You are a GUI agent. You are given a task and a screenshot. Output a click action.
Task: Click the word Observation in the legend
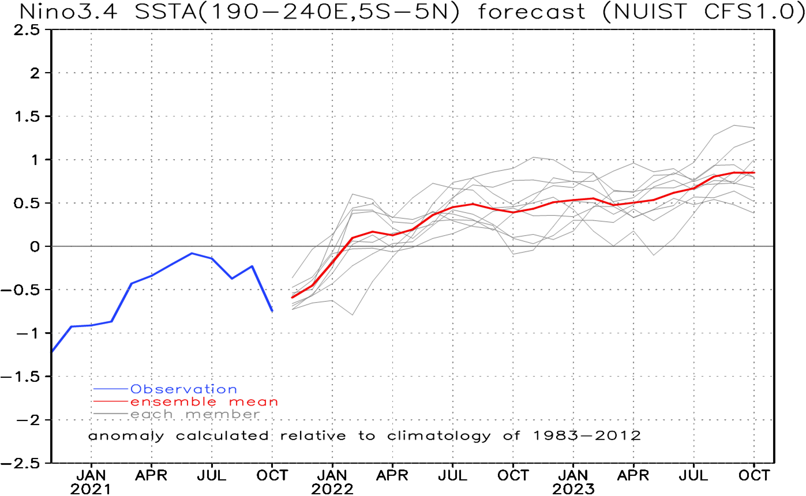click(x=183, y=390)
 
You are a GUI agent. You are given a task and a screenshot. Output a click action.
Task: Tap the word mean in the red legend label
click(x=254, y=402)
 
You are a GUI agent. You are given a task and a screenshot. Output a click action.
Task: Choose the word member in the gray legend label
click(x=222, y=415)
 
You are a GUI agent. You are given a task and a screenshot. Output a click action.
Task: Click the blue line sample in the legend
click(x=111, y=390)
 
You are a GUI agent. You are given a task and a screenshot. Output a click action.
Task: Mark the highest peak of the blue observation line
click(x=192, y=253)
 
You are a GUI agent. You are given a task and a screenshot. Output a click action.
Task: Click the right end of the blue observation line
click(x=272, y=311)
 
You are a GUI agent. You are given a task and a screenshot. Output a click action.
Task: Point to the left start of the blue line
click(x=53, y=351)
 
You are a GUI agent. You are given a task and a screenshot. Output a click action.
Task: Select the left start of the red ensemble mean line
click(x=292, y=298)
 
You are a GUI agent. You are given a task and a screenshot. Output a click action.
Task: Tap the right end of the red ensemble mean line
click(x=754, y=172)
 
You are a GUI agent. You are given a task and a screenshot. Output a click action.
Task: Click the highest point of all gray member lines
click(x=734, y=125)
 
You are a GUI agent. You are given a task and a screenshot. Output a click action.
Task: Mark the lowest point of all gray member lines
click(x=353, y=315)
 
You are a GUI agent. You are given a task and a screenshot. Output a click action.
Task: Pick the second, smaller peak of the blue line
click(x=252, y=266)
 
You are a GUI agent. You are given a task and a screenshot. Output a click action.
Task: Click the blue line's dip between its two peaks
click(x=232, y=279)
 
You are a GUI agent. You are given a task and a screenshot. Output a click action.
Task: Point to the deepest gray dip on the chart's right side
click(x=654, y=255)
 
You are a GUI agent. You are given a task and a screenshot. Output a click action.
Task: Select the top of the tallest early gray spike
click(x=353, y=194)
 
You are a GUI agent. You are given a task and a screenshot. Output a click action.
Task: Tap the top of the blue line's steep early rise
click(x=132, y=283)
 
